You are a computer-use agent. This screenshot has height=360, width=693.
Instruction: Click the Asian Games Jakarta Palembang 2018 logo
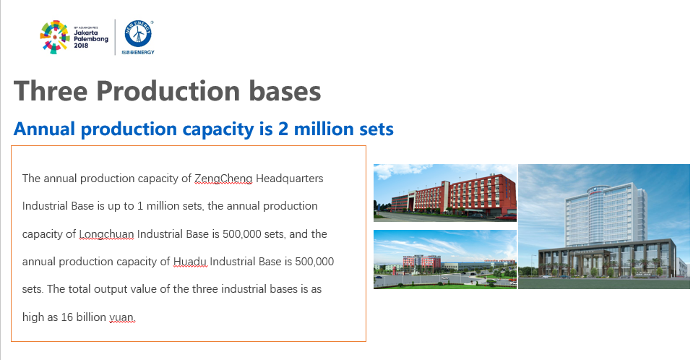[74, 37]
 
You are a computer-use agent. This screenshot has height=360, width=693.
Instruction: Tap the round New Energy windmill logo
[138, 33]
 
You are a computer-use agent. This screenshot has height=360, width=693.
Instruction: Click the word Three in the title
[51, 91]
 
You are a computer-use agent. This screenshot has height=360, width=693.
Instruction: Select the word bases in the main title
[285, 91]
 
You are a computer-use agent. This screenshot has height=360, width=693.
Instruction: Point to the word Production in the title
[168, 91]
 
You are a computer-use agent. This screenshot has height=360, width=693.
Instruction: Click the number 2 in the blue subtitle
[283, 129]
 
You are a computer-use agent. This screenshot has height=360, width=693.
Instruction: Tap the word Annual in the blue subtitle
[44, 129]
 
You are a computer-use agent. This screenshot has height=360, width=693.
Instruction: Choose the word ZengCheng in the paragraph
[223, 179]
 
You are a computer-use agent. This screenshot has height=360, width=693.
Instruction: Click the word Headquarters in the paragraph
[290, 179]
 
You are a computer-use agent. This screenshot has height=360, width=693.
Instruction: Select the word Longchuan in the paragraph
[106, 234]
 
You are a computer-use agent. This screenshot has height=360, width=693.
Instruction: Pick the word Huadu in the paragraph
[189, 262]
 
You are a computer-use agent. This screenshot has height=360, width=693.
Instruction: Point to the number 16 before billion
[66, 317]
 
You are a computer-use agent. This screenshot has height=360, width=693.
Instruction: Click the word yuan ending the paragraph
[121, 317]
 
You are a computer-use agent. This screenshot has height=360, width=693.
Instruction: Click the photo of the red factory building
[445, 193]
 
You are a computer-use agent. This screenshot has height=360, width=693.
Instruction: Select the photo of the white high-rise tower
[603, 226]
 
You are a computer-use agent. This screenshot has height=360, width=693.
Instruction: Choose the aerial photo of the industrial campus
[445, 260]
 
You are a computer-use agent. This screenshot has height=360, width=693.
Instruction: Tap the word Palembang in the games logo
[90, 39]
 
